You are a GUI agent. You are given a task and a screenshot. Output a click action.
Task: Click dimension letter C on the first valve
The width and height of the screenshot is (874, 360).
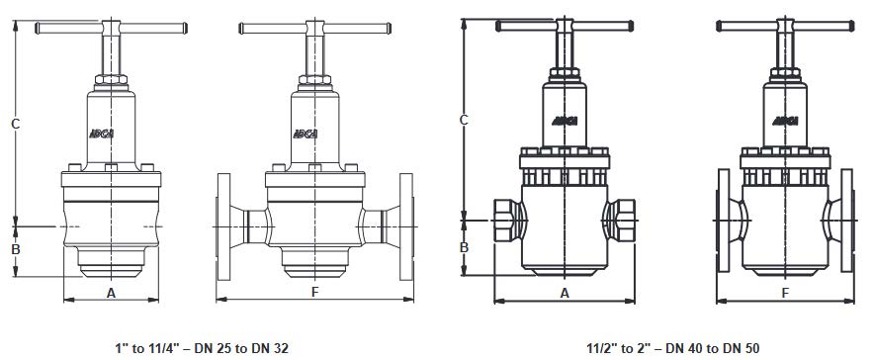click(16, 124)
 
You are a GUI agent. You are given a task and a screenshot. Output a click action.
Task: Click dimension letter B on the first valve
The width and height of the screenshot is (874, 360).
click(16, 249)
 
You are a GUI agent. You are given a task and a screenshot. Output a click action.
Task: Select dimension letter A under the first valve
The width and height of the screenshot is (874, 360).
click(111, 292)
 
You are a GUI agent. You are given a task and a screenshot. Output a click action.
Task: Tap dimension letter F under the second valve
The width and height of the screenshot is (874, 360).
click(315, 292)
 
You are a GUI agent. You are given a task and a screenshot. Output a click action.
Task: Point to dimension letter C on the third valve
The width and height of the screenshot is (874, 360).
click(464, 120)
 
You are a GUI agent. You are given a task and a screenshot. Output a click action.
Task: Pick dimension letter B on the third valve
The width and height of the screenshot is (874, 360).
click(464, 247)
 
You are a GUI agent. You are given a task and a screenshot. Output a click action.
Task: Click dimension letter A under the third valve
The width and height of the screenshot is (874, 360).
click(565, 293)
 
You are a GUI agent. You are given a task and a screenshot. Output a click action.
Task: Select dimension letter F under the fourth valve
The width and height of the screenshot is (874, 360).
click(785, 293)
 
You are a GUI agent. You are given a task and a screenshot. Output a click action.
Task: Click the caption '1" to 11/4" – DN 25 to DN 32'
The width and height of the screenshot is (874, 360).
click(202, 349)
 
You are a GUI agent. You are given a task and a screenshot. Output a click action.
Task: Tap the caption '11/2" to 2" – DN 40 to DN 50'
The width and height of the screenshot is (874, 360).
click(672, 349)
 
